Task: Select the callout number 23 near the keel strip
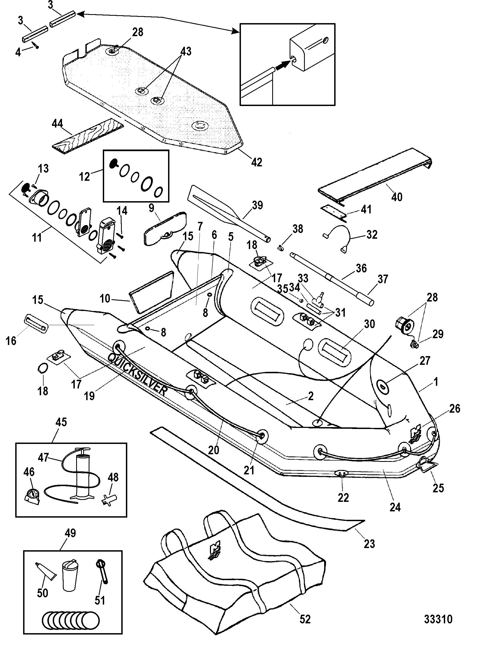pos(369,543)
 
